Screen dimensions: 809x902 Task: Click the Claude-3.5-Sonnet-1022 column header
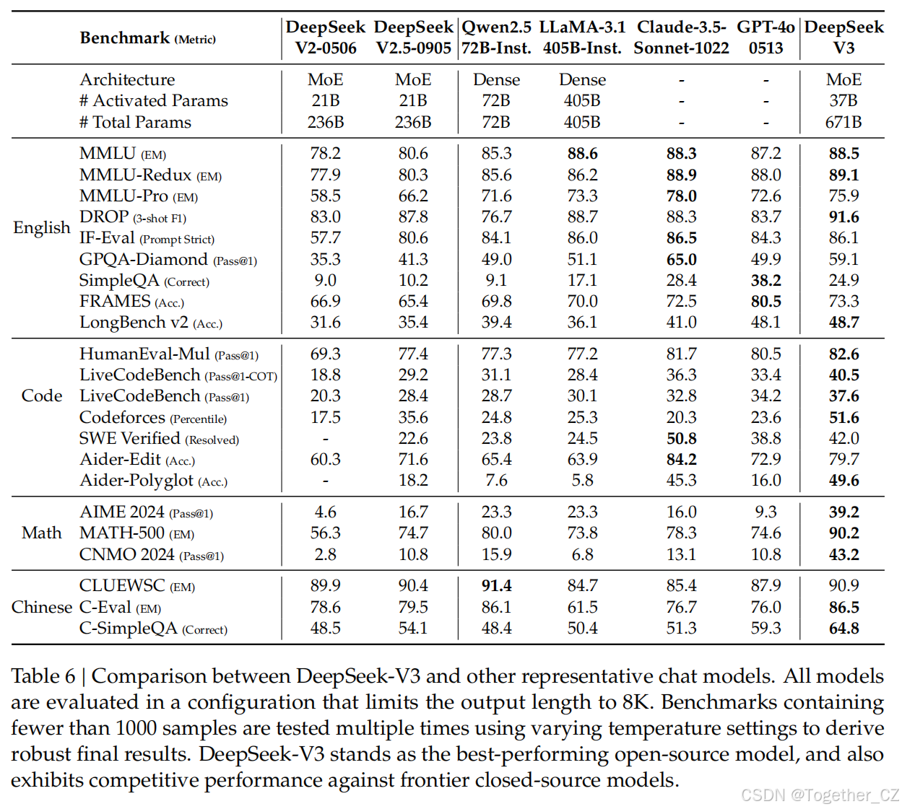(681, 38)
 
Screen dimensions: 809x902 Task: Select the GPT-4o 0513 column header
(766, 38)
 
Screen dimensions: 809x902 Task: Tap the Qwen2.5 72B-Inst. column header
(496, 38)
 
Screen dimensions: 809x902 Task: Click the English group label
(42, 228)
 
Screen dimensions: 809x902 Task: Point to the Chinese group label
(42, 607)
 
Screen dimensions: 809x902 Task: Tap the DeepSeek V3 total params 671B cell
(844, 122)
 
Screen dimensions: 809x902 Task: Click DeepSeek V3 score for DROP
(844, 217)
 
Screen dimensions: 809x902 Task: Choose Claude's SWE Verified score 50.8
(681, 439)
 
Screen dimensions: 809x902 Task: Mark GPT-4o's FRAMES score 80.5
(766, 302)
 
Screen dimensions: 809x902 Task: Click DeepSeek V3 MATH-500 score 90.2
(844, 533)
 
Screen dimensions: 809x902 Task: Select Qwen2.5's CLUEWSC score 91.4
(496, 586)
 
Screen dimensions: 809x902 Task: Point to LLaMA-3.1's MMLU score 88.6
(582, 154)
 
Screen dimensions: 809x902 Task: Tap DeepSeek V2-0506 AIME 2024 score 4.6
(325, 512)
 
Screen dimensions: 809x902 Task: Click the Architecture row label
(127, 79)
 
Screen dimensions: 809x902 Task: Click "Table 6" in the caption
(43, 676)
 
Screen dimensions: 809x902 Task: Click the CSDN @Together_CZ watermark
(820, 795)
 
